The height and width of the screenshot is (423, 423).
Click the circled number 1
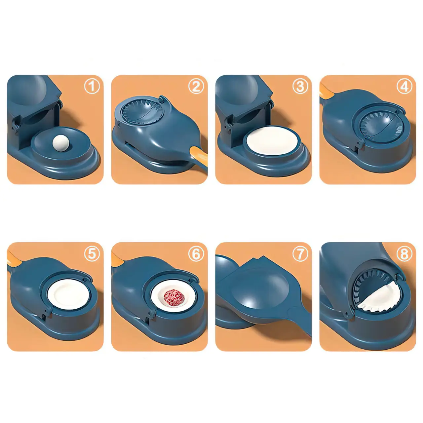click(x=92, y=87)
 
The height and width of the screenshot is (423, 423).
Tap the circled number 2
click(x=196, y=87)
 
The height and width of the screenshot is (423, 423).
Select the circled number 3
click(x=300, y=87)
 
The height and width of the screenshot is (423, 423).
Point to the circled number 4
click(x=404, y=87)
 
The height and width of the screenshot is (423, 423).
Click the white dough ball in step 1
click(x=61, y=143)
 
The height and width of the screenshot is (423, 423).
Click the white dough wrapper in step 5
click(x=69, y=294)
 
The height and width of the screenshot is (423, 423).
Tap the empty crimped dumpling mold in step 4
click(x=381, y=126)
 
